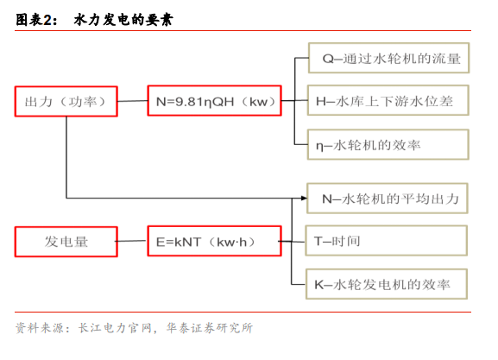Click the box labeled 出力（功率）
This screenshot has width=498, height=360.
pos(66,101)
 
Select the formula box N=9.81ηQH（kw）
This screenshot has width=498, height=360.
pos(214,101)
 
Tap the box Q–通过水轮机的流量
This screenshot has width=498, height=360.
pos(388,58)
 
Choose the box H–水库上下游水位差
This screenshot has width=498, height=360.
pos(388,100)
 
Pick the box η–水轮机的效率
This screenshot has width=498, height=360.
pos(388,144)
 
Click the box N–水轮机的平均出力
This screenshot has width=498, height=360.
pos(388,199)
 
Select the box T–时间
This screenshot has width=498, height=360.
pos(386,241)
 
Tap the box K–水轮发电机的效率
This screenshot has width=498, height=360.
pos(387,284)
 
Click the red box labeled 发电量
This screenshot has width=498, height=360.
pos(66,242)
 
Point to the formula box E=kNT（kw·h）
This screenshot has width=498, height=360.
pos(214,241)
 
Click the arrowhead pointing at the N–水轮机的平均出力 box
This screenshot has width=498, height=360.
pos(305,199)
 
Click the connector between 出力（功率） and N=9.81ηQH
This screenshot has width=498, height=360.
pos(133,101)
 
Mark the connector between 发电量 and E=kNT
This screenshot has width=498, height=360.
pos(131,241)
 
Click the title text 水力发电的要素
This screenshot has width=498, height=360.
pos(123,20)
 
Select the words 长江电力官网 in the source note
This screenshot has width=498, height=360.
pos(115,328)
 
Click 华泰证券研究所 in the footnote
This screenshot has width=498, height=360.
pos(210,328)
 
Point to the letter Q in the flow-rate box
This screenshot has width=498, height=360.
pos(327,59)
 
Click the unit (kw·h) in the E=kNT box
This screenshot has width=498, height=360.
pos(232,242)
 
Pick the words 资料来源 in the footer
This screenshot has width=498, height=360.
pos(40,328)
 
